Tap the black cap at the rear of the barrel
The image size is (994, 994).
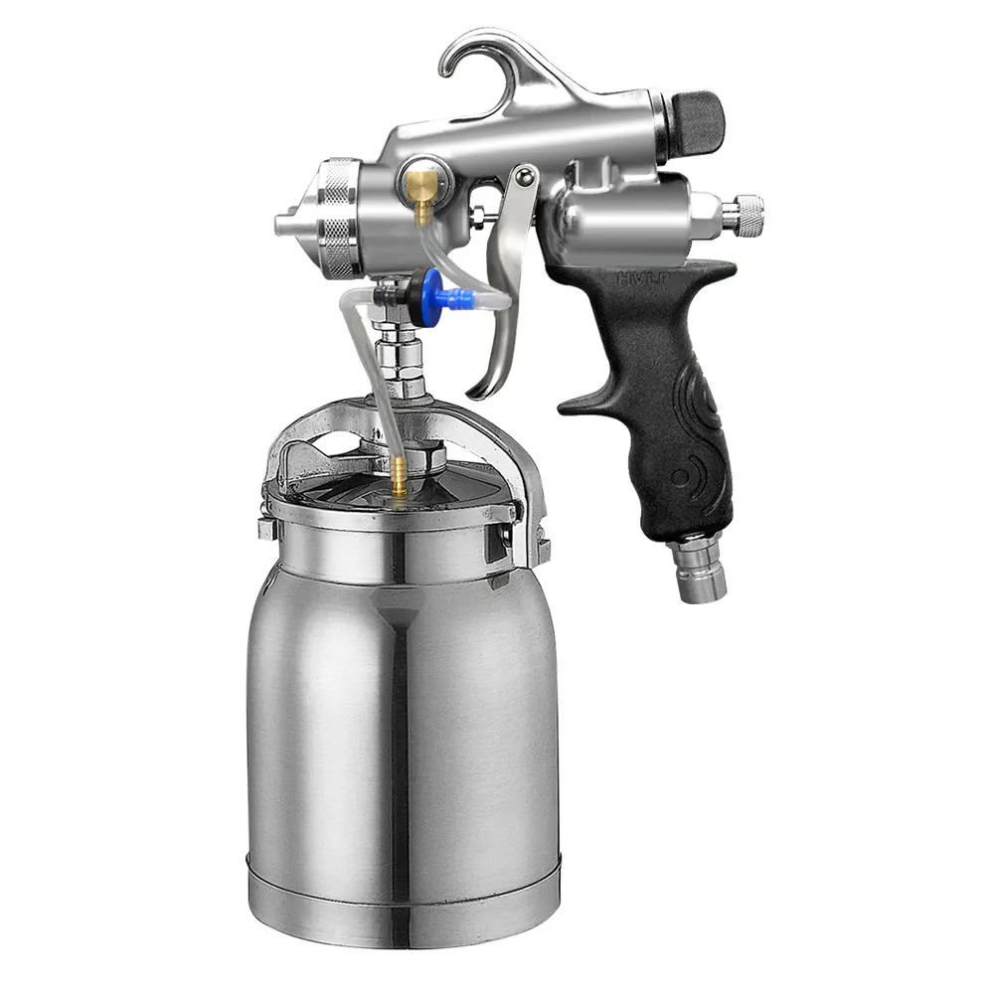click(695, 118)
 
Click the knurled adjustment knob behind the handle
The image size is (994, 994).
click(745, 216)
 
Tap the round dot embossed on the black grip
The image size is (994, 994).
click(681, 477)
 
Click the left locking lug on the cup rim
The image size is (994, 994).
click(265, 528)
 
